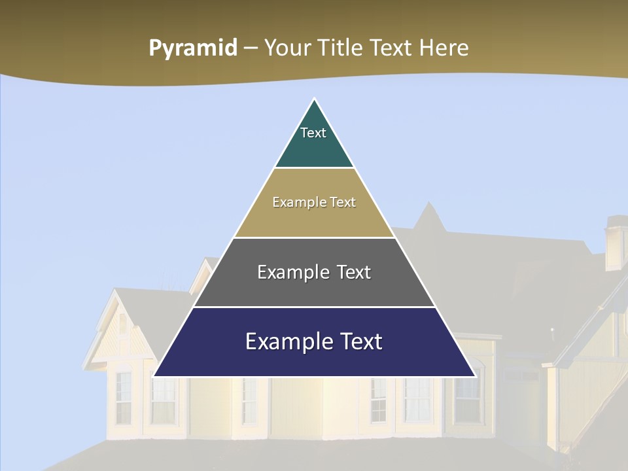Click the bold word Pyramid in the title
tap(193, 48)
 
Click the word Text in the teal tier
tap(313, 133)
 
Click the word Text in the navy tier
tap(359, 341)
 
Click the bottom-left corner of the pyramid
tap(153, 376)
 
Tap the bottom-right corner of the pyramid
tap(476, 376)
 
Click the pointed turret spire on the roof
tap(430, 216)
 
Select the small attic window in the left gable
tap(122, 323)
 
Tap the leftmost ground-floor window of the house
tap(124, 396)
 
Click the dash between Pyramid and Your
tap(251, 48)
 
